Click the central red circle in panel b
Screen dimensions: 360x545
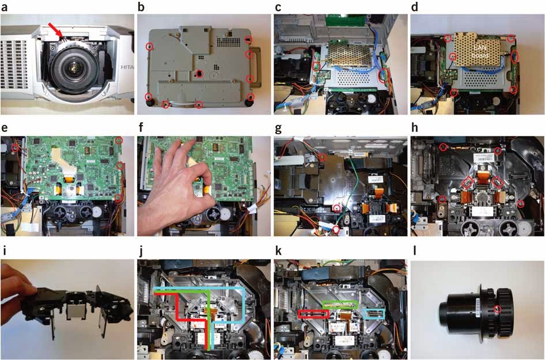(x=198, y=74)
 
